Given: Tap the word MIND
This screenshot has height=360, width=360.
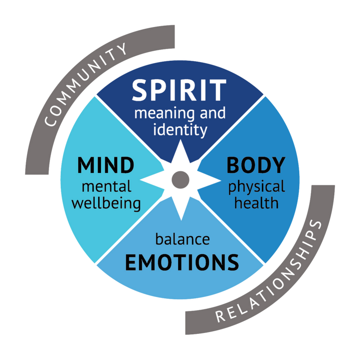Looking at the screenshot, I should click(x=106, y=165).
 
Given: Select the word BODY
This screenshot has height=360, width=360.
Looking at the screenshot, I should click(x=256, y=165).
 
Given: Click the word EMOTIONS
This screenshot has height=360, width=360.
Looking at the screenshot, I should click(x=181, y=262).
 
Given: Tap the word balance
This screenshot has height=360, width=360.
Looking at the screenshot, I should click(x=182, y=239).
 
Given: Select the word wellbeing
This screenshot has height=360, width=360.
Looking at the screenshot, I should click(x=106, y=203).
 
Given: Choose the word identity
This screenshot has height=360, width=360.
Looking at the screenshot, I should click(x=180, y=130).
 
